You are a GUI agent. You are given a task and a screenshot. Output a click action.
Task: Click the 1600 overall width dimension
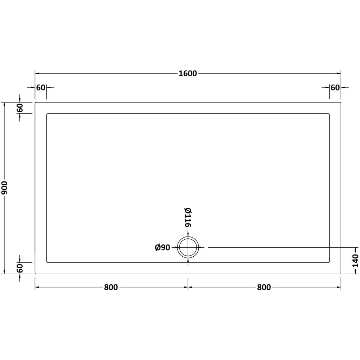tap(188, 73)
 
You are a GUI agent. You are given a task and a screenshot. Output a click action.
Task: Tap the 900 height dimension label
tap(4, 188)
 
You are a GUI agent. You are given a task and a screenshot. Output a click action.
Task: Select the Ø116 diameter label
tap(188, 217)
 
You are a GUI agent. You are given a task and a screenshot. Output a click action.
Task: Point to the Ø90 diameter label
tap(162, 248)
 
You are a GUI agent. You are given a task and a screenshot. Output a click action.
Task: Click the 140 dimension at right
tap(355, 261)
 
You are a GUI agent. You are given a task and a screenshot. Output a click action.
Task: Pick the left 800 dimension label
tap(111, 287)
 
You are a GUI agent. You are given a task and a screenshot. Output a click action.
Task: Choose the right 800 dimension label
tap(264, 287)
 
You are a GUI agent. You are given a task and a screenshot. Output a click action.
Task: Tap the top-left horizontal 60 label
tap(41, 87)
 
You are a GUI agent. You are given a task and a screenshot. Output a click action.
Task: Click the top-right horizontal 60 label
tap(335, 87)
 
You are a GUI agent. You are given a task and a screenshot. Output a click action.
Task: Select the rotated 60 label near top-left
tap(20, 108)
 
